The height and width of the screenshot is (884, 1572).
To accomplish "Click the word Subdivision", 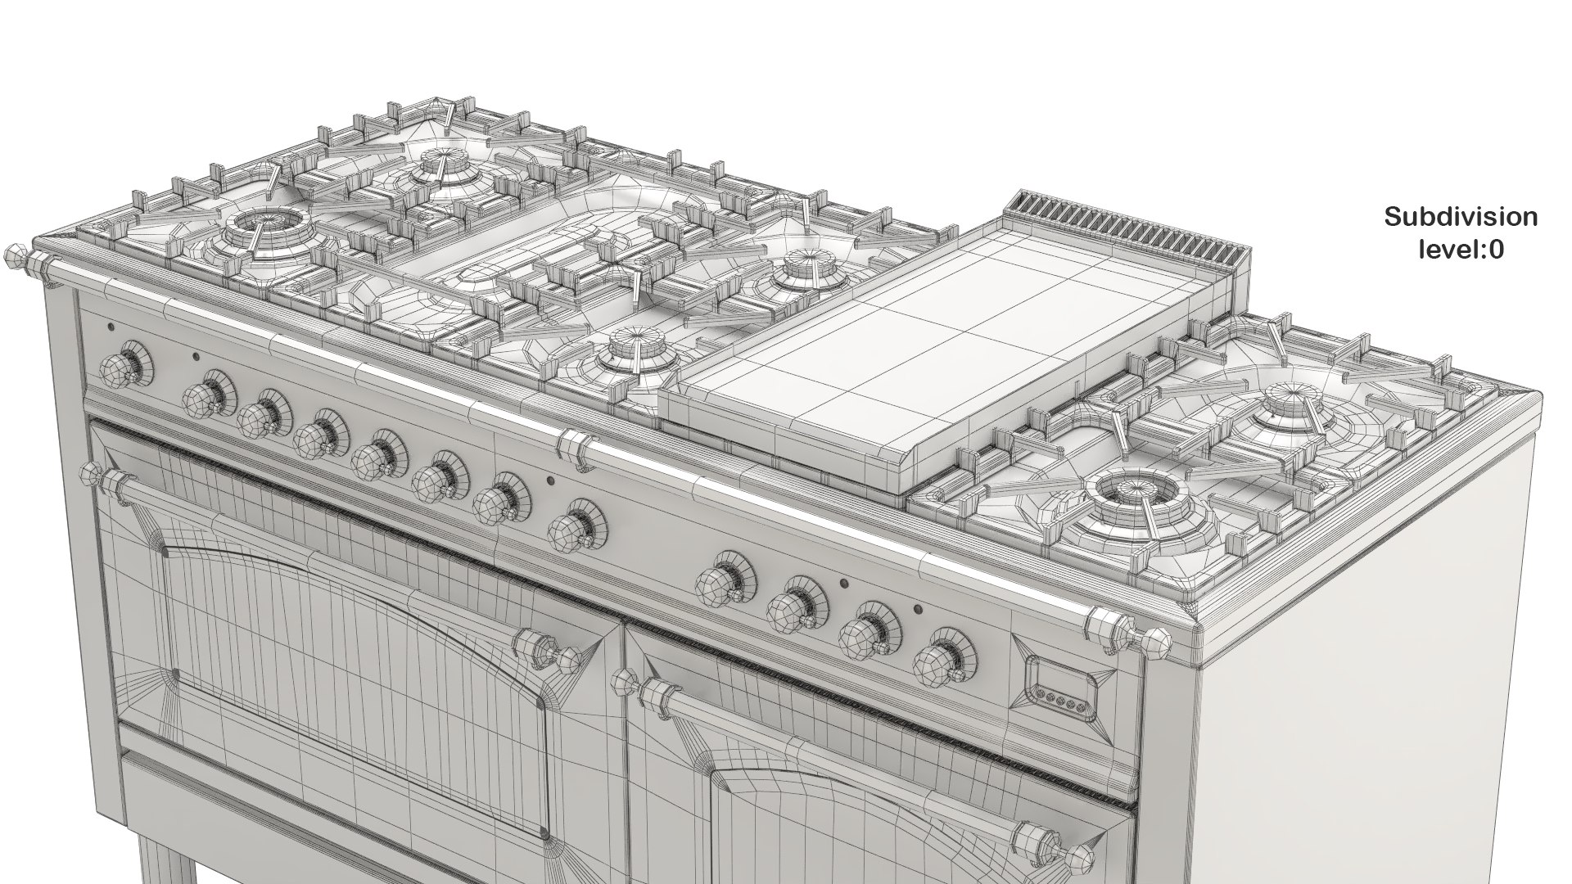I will click(1461, 217).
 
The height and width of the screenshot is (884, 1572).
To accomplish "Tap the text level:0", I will click(1461, 250).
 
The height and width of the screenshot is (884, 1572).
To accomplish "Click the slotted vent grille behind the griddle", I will click(1130, 225).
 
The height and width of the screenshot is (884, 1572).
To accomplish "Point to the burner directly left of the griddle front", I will click(632, 352).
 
